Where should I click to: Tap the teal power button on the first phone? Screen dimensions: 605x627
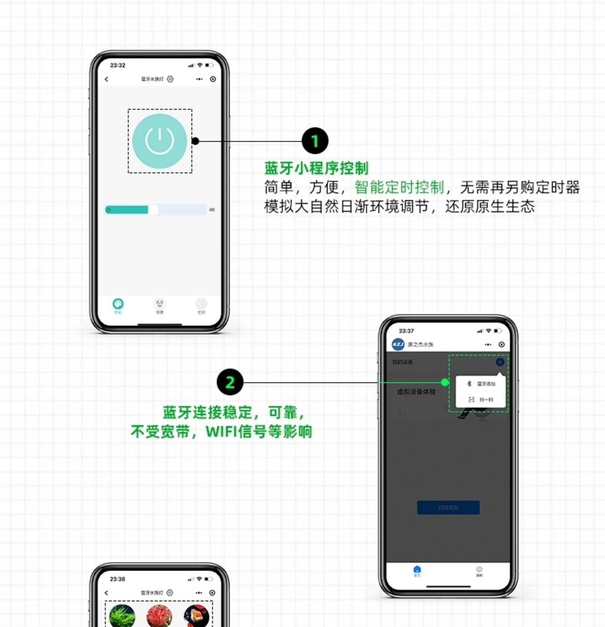click(160, 141)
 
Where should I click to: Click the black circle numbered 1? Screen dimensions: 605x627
click(315, 141)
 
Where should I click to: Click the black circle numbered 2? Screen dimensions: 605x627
click(230, 382)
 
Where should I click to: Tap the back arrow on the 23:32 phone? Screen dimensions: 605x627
click(106, 79)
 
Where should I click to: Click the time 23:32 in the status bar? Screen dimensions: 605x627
click(118, 65)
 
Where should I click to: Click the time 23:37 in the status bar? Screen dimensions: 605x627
click(406, 331)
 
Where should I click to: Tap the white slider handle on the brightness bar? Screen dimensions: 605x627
click(153, 210)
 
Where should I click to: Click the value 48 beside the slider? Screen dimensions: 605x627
click(212, 210)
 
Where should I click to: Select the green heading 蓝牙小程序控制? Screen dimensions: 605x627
click(316, 168)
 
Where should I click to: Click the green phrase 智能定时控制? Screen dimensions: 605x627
click(399, 188)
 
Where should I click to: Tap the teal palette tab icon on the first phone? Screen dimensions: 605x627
click(118, 304)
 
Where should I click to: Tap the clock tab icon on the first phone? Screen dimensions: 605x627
click(201, 304)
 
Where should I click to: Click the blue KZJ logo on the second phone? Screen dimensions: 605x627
click(398, 344)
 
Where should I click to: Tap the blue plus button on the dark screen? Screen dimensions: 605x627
click(500, 362)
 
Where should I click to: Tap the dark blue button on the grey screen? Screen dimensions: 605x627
click(448, 508)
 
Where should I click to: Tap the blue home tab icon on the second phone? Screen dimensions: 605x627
click(417, 569)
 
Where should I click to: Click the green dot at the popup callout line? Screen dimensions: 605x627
click(445, 382)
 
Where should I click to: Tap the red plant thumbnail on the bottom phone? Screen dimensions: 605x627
click(159, 616)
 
